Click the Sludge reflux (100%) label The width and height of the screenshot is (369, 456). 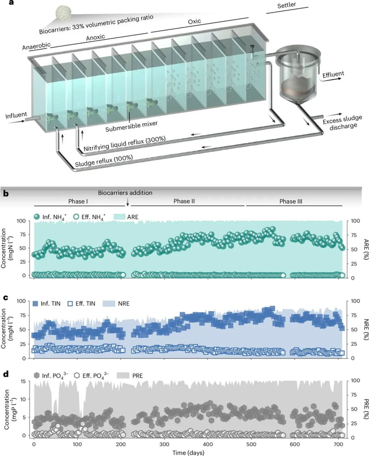pyautogui.click(x=104, y=158)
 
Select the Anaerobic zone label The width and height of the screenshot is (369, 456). pyautogui.click(x=36, y=46)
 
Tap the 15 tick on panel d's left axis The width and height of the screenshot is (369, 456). pyautogui.click(x=23, y=380)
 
